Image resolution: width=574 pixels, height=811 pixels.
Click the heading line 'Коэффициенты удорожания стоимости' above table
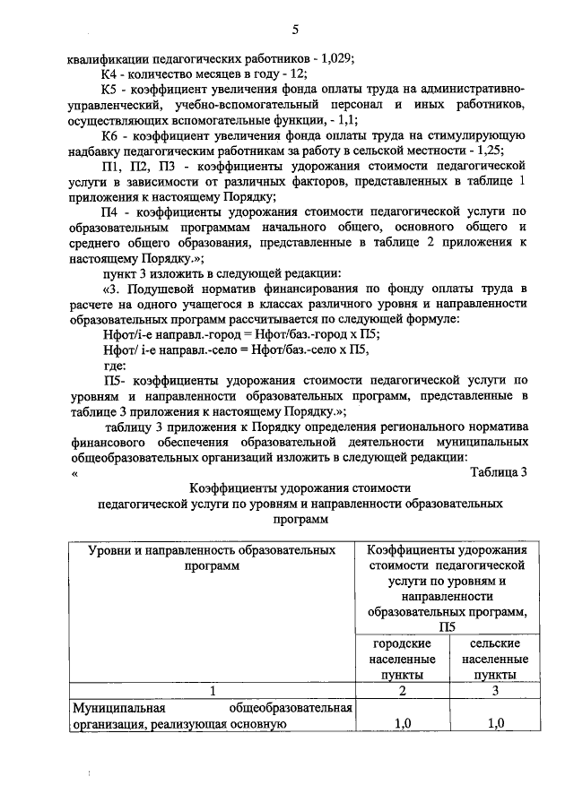click(x=300, y=488)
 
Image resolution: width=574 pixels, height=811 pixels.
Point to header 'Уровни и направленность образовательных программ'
click(x=213, y=557)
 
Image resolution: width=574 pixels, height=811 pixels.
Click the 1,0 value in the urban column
click(x=404, y=723)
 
